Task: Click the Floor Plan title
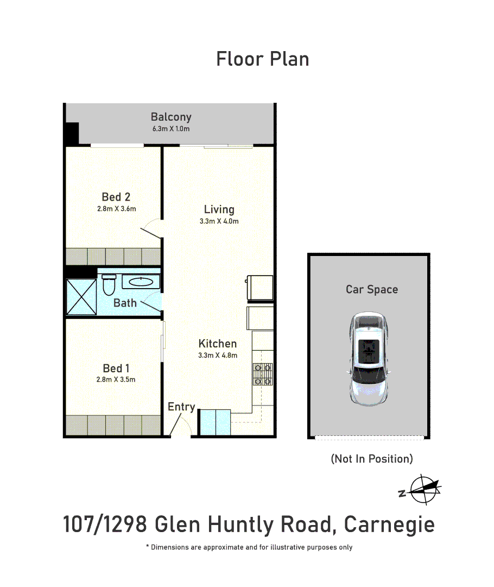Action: (263, 59)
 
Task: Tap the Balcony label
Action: (171, 117)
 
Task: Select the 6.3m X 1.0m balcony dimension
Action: (171, 129)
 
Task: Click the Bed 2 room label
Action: (116, 197)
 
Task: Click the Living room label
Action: (219, 209)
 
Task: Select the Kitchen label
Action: (218, 344)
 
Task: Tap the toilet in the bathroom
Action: (109, 284)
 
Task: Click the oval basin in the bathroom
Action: (141, 282)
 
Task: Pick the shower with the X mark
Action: (81, 296)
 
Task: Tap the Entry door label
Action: (181, 407)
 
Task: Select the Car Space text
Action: (372, 290)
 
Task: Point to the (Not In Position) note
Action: (372, 459)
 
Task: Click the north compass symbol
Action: (422, 489)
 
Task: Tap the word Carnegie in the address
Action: (389, 525)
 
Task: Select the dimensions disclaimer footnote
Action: (249, 547)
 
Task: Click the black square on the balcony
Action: (72, 133)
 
